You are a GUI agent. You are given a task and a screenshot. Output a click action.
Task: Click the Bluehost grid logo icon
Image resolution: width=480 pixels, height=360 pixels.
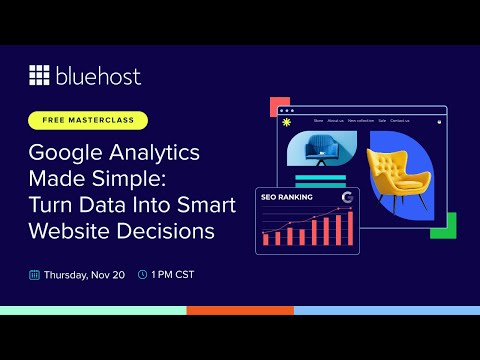tap(40, 75)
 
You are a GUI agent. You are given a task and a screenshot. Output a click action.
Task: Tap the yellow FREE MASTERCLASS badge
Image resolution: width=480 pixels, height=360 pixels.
tap(88, 120)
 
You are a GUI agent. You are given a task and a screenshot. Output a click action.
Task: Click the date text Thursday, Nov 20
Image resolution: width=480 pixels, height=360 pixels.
tap(83, 273)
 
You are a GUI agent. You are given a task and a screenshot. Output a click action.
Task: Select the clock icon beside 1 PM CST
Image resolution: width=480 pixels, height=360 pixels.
tap(142, 273)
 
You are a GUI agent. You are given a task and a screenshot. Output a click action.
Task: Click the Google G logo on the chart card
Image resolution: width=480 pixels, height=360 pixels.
tap(347, 197)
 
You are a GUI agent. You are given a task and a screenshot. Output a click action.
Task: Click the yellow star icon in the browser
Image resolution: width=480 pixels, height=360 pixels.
tap(289, 123)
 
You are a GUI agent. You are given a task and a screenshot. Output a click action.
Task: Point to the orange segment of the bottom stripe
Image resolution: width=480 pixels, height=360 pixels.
tap(240, 310)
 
